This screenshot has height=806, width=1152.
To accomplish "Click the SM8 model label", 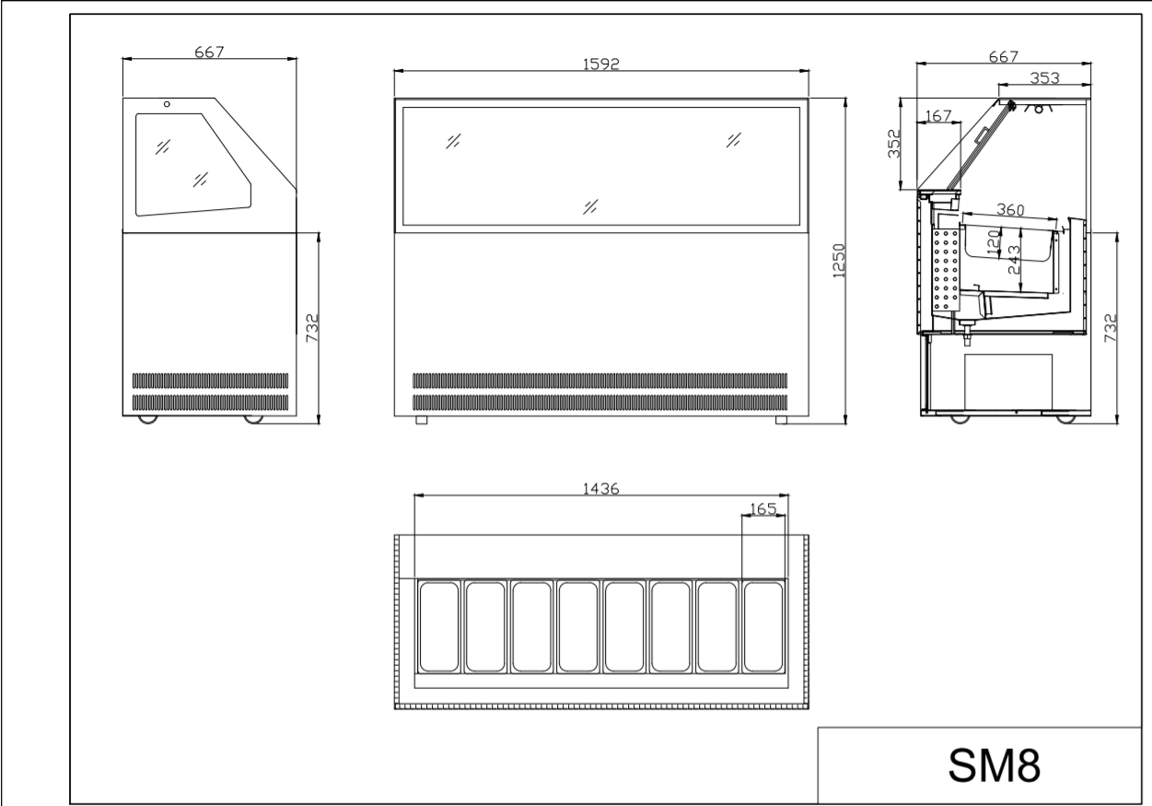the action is [x=995, y=765].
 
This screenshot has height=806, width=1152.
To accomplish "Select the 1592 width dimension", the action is [x=600, y=64].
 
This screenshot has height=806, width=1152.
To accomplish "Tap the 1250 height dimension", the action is [x=839, y=261].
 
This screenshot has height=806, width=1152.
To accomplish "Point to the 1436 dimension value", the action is [x=600, y=488].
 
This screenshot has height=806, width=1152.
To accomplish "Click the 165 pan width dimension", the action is [x=763, y=508].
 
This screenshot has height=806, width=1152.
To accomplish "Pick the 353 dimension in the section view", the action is [x=1044, y=78].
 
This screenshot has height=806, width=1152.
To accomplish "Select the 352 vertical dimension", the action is [x=894, y=144].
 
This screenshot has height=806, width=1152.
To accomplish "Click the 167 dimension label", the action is [x=938, y=116].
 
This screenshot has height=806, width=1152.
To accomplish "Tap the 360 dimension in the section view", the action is [x=1010, y=210].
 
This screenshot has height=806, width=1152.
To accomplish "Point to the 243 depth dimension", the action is [x=1014, y=260].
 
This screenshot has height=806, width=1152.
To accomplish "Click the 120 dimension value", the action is [x=994, y=241].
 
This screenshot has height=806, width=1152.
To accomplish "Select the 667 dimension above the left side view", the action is [x=209, y=52].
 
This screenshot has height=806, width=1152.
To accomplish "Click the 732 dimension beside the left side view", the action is [x=312, y=328].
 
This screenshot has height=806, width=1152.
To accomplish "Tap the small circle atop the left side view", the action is [x=167, y=104].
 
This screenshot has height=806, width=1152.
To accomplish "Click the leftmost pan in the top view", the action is [x=439, y=627].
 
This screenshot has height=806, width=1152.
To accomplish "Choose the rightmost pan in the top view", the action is [x=763, y=627].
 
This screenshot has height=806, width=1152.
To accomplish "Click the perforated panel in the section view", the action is [x=947, y=270].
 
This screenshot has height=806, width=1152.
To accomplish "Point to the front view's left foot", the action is [x=421, y=420].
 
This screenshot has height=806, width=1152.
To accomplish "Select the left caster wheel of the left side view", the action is [x=148, y=419].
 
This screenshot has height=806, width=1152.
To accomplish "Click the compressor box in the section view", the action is [x=1008, y=381].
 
